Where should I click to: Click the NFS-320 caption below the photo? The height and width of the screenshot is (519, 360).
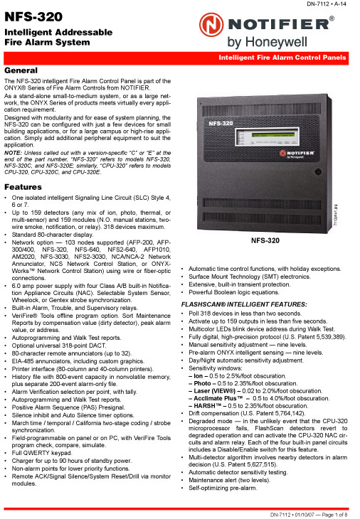pos(267,260)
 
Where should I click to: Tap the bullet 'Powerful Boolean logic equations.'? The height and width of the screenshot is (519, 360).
pos(233,292)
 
